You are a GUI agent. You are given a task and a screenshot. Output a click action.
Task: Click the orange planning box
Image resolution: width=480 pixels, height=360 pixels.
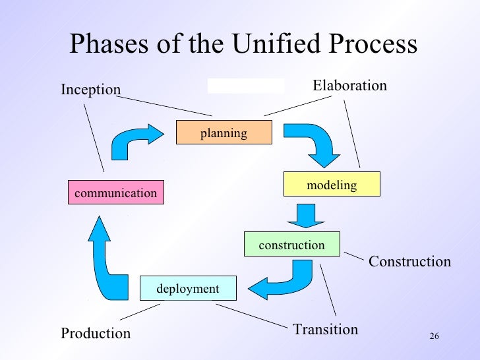click(224, 133)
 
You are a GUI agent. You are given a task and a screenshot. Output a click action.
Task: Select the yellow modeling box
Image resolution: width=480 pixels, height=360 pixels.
click(332, 185)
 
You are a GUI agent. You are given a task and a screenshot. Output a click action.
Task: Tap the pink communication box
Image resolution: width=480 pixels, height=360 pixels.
click(116, 193)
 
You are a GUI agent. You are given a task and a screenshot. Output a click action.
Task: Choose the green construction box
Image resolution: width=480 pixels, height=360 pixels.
click(292, 245)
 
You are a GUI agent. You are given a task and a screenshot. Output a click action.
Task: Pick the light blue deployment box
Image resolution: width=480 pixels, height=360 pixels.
click(188, 289)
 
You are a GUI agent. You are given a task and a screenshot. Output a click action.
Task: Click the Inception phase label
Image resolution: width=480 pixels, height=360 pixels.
click(91, 90)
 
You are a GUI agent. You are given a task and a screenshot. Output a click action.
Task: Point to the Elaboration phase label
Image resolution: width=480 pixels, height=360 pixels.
click(349, 86)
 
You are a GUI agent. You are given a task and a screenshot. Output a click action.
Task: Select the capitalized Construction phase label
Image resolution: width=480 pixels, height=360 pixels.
click(409, 262)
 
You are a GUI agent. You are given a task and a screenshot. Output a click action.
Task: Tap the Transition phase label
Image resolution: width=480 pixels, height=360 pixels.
click(325, 329)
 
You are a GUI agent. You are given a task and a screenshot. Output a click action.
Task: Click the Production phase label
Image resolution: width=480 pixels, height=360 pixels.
click(96, 334)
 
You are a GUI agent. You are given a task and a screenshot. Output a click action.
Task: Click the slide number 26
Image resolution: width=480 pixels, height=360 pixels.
click(434, 337)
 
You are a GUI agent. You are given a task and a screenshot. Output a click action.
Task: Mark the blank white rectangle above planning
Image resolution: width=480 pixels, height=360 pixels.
click(245, 86)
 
